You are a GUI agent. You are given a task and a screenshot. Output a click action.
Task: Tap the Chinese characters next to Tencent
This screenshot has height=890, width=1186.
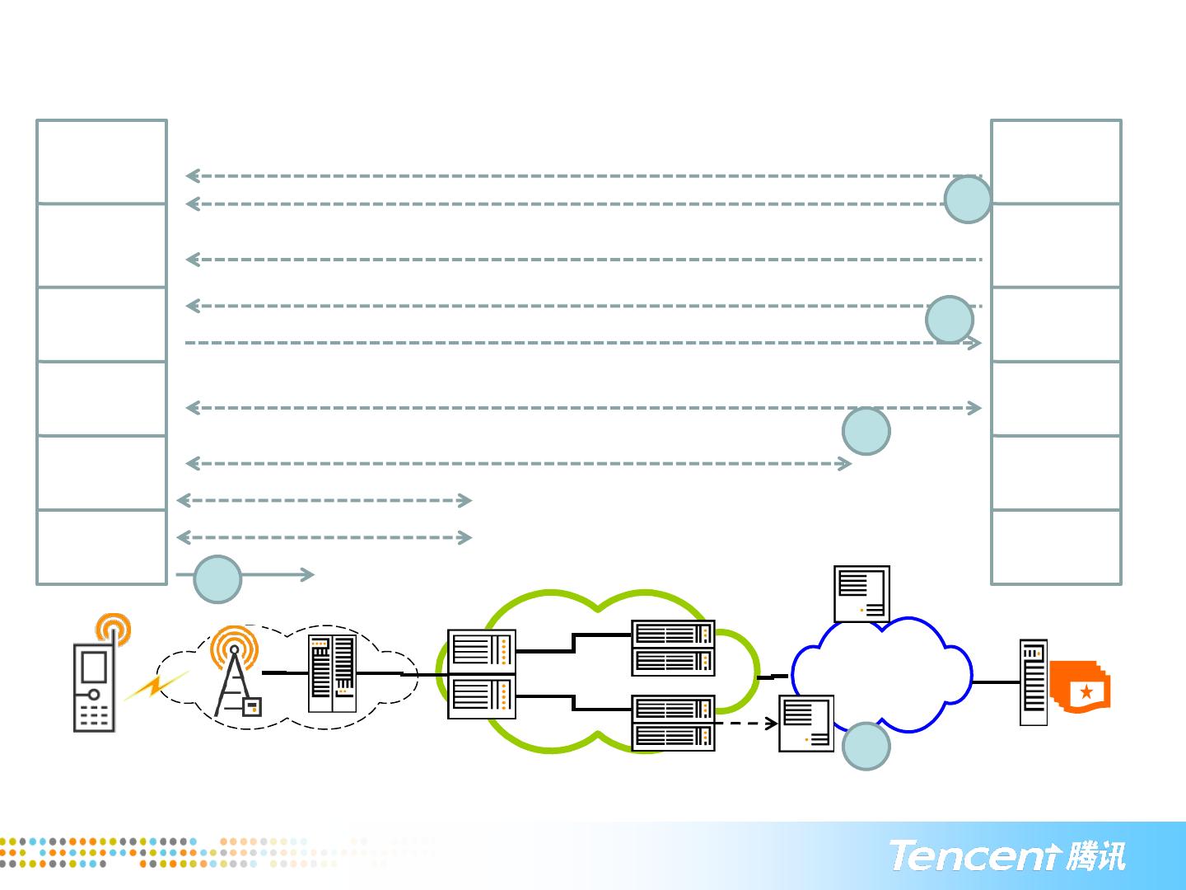[x=1095, y=855]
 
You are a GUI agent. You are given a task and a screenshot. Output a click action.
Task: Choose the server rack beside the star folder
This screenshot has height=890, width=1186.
[x=1034, y=682]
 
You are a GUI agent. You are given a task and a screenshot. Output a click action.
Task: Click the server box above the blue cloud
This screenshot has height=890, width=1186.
[x=861, y=593]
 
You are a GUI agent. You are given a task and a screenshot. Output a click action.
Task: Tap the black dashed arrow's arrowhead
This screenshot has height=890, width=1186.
[x=772, y=724]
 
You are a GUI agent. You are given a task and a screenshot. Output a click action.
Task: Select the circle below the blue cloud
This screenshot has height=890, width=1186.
[x=866, y=746]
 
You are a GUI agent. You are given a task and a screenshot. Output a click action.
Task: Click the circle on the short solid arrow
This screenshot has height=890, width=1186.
[x=217, y=579]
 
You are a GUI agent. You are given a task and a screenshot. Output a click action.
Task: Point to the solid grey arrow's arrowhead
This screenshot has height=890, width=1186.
[x=308, y=575]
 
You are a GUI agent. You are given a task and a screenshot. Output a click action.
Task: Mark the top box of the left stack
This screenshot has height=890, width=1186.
[x=101, y=162]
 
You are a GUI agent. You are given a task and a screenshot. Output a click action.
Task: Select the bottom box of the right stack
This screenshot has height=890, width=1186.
[x=1056, y=547]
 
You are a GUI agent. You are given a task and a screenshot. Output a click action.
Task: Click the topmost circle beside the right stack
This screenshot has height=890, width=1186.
[x=968, y=199]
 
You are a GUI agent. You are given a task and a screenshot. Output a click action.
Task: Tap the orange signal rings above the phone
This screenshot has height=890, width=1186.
[x=114, y=630]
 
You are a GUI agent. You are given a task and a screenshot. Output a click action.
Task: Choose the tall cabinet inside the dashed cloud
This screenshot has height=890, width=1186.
[x=332, y=673]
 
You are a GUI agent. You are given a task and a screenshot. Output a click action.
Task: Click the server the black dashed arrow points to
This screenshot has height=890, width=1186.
[x=806, y=724]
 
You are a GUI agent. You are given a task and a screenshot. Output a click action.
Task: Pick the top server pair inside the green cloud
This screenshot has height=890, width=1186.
[x=673, y=647]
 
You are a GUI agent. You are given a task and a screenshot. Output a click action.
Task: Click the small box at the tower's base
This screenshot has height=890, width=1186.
[x=251, y=706]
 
